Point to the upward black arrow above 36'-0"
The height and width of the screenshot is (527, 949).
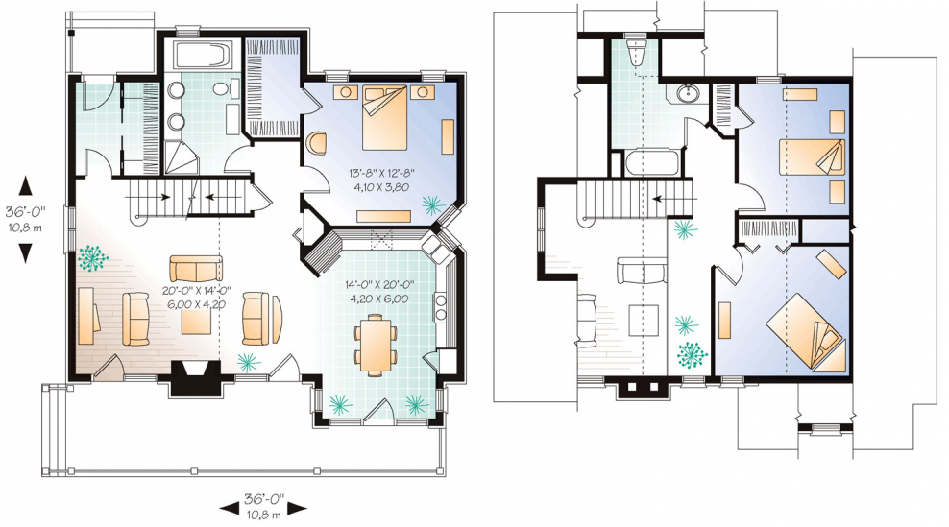pyautogui.click(x=25, y=185)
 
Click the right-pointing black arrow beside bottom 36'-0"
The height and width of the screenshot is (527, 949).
pyautogui.click(x=297, y=509)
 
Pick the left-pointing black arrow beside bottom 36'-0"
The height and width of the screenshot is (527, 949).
pyautogui.click(x=230, y=509)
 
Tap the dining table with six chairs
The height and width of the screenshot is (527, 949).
pyautogui.click(x=376, y=343)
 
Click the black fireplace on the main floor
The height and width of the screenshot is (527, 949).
pyautogui.click(x=195, y=378)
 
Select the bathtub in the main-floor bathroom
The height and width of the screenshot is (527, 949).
pyautogui.click(x=202, y=56)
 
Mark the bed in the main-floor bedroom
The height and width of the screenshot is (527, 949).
pyautogui.click(x=384, y=117)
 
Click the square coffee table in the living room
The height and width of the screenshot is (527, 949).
pyautogui.click(x=197, y=318)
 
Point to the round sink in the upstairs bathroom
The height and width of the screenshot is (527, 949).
pyautogui.click(x=688, y=94)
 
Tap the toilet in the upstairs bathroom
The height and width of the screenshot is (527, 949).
pyautogui.click(x=635, y=53)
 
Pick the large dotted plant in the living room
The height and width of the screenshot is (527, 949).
pyautogui.click(x=92, y=258)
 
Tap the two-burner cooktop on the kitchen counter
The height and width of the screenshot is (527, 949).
pyautogui.click(x=440, y=307)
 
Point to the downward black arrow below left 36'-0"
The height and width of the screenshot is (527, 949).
pyautogui.click(x=25, y=252)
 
